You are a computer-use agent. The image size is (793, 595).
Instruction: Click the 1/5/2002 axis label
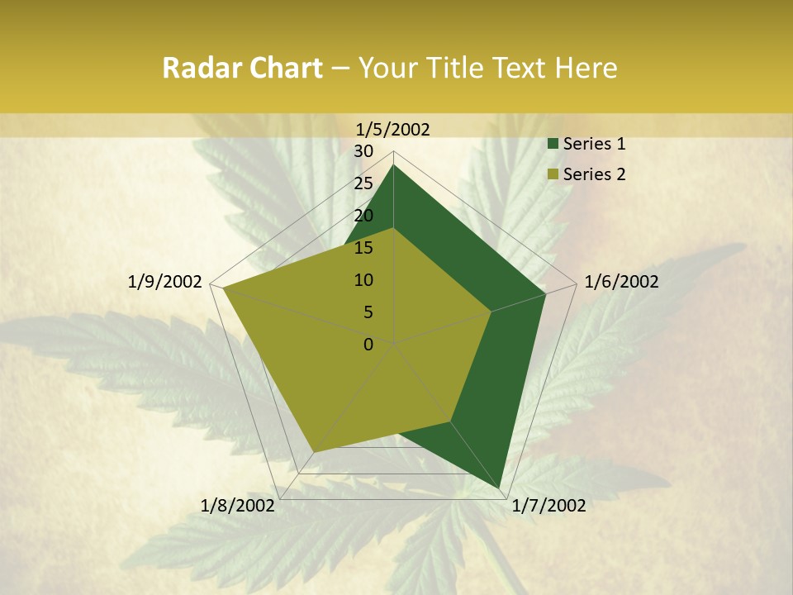(x=393, y=129)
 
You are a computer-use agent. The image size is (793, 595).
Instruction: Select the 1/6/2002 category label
(x=621, y=282)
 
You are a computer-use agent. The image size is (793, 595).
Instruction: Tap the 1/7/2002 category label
(x=548, y=506)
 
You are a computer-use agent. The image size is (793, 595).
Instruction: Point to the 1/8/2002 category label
(x=238, y=506)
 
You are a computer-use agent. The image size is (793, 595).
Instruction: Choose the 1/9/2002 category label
(x=165, y=282)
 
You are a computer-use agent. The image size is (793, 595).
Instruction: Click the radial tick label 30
(x=363, y=151)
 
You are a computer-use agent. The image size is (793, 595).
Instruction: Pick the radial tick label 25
(x=363, y=183)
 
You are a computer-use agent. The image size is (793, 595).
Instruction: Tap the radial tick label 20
(x=363, y=216)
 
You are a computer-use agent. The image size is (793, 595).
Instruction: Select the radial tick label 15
(x=363, y=248)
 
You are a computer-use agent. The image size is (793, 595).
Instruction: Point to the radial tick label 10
(x=363, y=280)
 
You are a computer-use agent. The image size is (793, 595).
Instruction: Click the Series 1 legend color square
(x=553, y=145)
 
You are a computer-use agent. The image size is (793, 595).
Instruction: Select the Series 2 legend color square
(x=553, y=174)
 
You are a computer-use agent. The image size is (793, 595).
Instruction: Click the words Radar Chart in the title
(x=242, y=69)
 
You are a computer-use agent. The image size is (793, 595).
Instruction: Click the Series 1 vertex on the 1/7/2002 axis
(x=501, y=488)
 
